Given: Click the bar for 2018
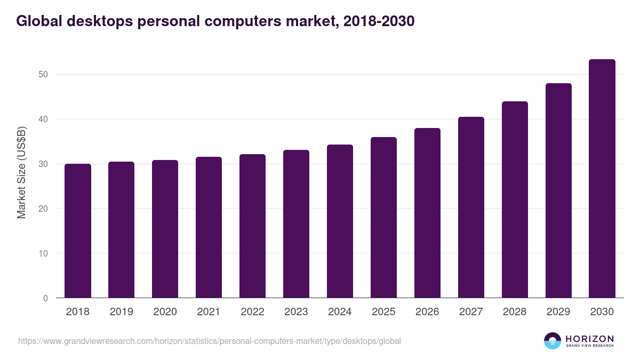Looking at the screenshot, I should (78, 231).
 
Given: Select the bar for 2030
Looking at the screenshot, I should (602, 179).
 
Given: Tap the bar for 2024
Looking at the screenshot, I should (340, 221).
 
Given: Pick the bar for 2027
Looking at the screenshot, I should (471, 207).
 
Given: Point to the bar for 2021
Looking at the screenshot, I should (209, 227).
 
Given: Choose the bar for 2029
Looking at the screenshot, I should (558, 190).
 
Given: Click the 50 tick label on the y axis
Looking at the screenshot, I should (43, 74).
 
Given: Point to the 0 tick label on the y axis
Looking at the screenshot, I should (46, 298).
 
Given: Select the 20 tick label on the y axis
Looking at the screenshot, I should (43, 209).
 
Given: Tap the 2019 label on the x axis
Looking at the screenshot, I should (121, 312).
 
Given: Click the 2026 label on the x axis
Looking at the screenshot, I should (427, 312).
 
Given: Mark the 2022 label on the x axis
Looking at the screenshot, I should (252, 312).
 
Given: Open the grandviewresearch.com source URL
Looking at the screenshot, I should (209, 341).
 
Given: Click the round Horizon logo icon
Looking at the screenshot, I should (553, 341).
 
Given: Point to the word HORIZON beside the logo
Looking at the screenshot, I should (589, 339).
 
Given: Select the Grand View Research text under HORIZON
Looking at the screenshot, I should (589, 346).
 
